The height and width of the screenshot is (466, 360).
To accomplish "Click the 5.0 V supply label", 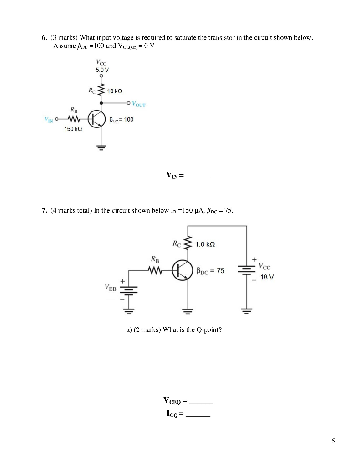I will click(102, 70).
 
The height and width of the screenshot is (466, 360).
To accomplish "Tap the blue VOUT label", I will click(139, 104).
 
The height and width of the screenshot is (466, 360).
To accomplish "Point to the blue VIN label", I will click(48, 120).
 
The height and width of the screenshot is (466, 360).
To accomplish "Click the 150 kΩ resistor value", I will click(73, 129).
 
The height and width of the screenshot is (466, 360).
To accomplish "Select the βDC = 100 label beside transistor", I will click(122, 120).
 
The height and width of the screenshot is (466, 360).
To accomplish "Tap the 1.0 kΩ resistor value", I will click(205, 244).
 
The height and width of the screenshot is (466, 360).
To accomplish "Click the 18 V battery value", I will click(267, 277).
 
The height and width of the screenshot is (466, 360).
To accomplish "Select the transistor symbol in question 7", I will click(182, 270).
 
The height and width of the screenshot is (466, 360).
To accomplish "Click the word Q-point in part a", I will click(210, 330).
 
